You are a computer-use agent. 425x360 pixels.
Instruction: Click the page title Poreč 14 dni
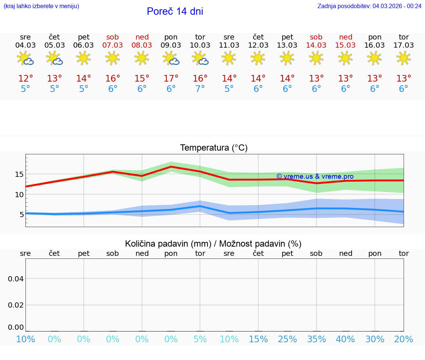tap(175, 11)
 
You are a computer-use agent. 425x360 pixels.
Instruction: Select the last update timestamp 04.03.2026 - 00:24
tap(397, 6)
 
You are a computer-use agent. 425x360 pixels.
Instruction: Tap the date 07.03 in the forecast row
tap(113, 45)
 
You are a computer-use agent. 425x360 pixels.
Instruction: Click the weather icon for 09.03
tap(171, 58)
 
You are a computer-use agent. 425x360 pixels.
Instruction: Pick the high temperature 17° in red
tap(171, 79)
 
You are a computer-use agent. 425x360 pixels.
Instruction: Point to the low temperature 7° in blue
tap(200, 89)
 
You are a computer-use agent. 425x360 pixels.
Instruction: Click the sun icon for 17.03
tap(404, 58)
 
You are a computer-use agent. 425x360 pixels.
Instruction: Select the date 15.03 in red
tap(345, 45)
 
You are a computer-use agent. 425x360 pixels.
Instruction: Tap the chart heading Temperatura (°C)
tap(214, 148)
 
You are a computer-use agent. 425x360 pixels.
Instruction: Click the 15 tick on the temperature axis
tap(19, 174)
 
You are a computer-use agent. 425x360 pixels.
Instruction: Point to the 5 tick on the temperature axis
tap(21, 215)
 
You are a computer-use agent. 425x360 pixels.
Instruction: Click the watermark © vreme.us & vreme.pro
tap(315, 176)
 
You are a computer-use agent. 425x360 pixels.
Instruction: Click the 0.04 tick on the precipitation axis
tap(16, 279)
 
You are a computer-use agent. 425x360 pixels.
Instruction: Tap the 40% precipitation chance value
tap(345, 339)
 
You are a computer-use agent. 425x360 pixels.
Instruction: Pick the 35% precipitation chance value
tap(316, 339)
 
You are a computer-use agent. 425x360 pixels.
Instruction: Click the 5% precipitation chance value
tap(200, 339)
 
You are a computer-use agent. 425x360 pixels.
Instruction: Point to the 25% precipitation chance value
tap(287, 339)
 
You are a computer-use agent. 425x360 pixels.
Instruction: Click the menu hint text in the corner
tap(41, 6)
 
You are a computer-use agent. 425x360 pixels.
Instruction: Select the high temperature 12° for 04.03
tap(25, 79)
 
